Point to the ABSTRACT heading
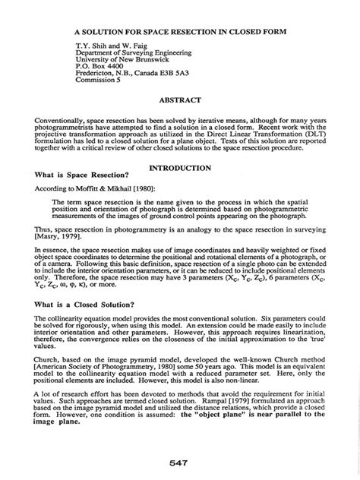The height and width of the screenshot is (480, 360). (179, 100)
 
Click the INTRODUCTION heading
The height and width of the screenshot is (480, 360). (180, 167)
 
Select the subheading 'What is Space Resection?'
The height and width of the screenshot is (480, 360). (81, 175)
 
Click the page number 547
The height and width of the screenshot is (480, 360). (180, 462)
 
